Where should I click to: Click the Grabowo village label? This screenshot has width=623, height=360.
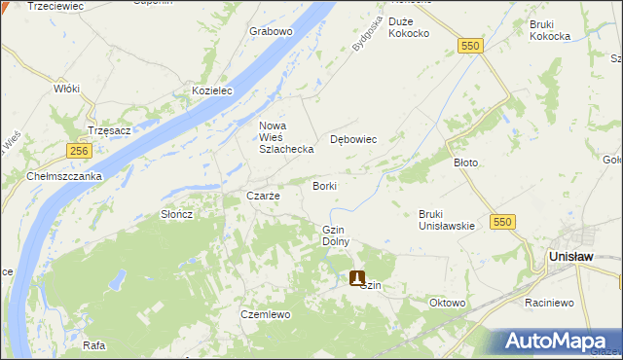[x=271, y=31]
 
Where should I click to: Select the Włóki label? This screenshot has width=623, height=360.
[x=66, y=88]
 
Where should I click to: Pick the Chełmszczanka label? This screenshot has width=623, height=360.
[x=64, y=176]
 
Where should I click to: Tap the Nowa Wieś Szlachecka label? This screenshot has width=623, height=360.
[x=285, y=137]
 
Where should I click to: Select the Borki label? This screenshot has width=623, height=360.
[x=324, y=185]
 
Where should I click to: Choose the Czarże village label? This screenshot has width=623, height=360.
[x=263, y=196]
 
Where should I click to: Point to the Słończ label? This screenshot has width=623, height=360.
[x=177, y=214]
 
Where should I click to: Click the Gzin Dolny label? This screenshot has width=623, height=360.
[x=335, y=234]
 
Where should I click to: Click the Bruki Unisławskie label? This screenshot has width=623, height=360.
[x=446, y=219]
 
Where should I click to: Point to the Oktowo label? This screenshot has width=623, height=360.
[x=447, y=303]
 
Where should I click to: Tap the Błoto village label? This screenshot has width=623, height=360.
[x=466, y=162]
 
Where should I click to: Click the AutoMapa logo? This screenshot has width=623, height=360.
[x=556, y=342]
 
